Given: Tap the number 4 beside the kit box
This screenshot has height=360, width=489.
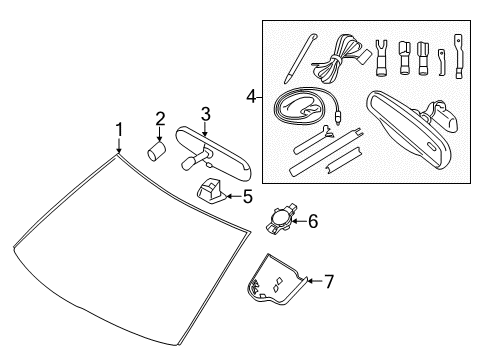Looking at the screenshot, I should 251,97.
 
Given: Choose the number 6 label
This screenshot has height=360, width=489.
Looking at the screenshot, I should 312,222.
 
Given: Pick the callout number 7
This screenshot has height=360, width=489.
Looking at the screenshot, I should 328,282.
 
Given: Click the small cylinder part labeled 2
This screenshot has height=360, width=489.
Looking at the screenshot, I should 157,151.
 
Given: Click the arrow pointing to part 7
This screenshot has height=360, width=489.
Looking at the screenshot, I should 313,282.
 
